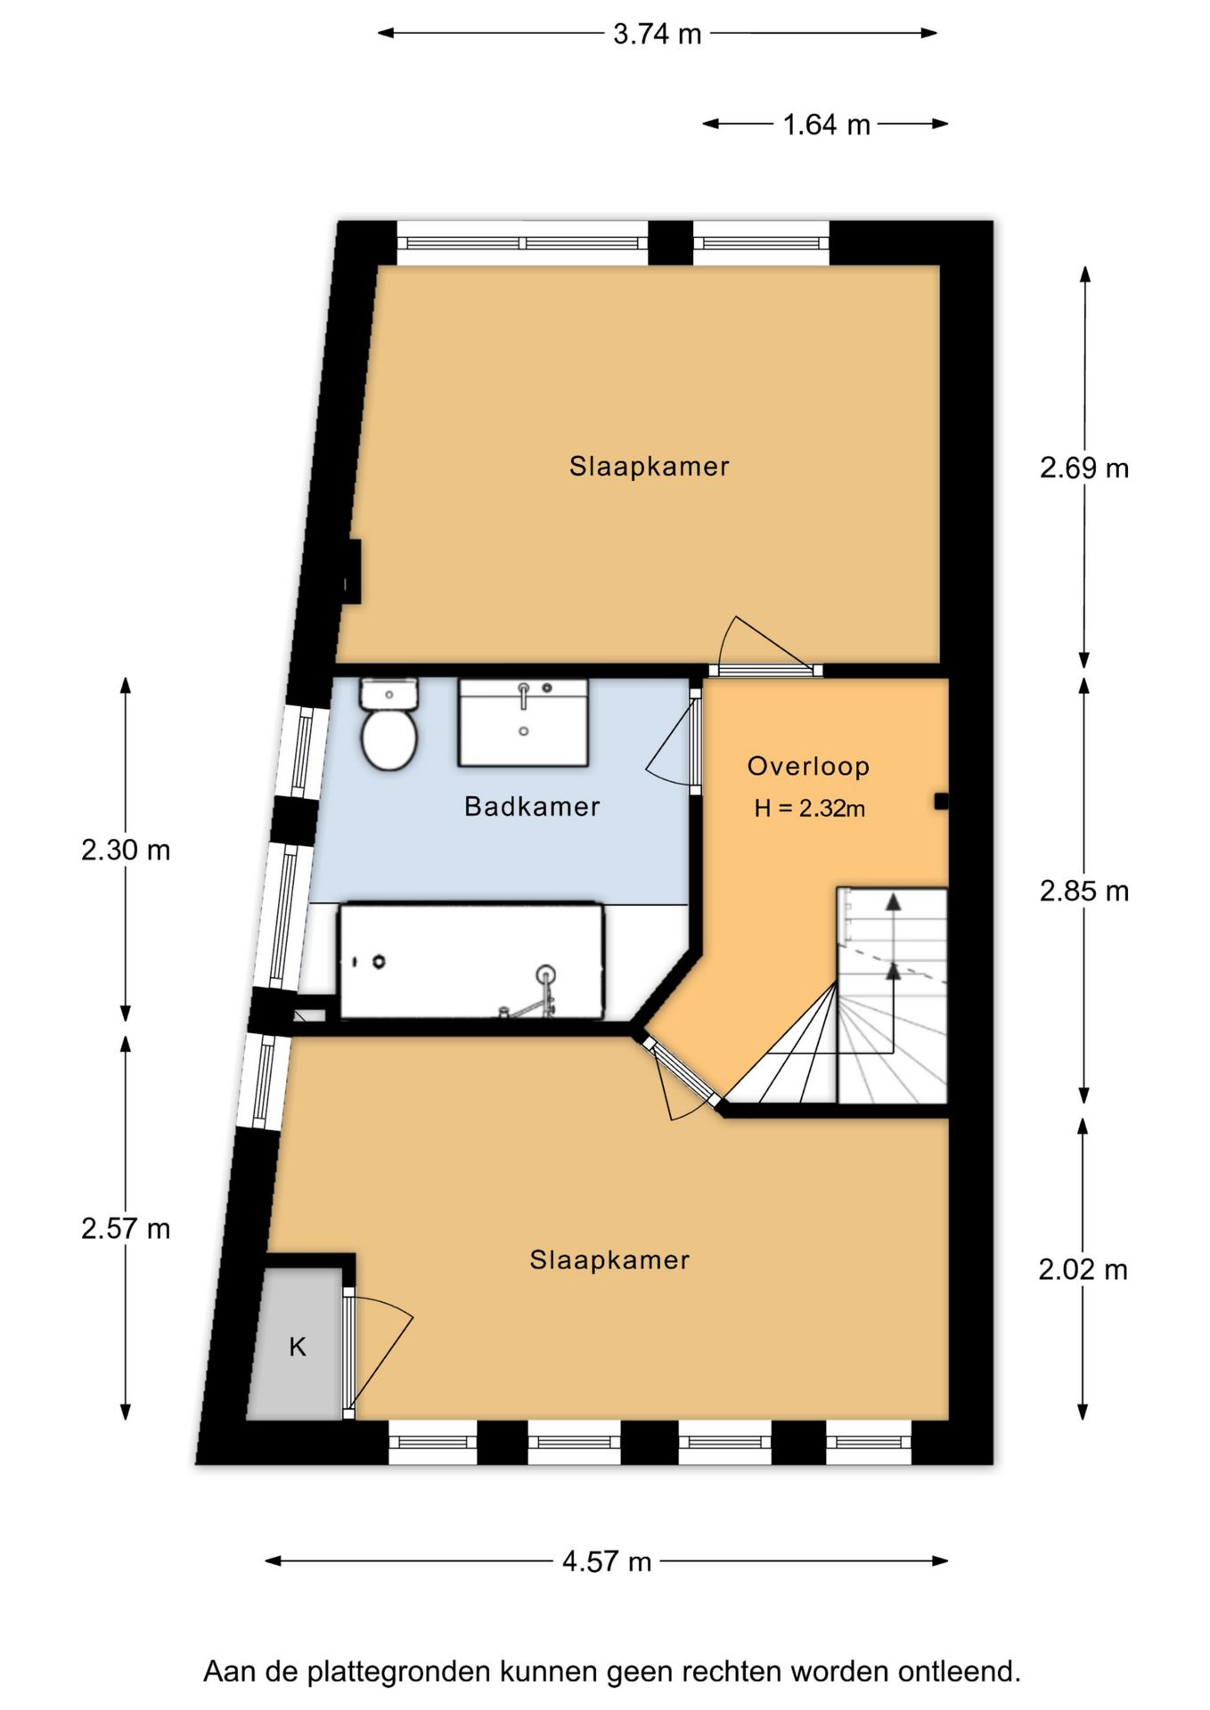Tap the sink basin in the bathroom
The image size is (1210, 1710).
[523, 722]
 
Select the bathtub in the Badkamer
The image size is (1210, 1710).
[471, 962]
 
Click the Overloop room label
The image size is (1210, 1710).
[808, 766]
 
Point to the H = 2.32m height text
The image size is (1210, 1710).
[809, 809]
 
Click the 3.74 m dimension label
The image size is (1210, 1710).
[658, 35]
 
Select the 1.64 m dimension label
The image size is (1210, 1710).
[826, 125]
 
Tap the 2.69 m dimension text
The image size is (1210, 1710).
[1083, 468]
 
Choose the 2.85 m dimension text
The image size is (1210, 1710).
[1083, 891]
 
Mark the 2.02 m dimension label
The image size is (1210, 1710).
[1083, 1269]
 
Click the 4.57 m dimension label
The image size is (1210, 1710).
[607, 1561]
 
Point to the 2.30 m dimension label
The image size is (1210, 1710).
[126, 851]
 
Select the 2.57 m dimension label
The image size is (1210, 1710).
[126, 1229]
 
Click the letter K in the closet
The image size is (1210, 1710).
[298, 1347]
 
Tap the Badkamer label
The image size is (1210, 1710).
[532, 807]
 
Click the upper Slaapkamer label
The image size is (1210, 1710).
[650, 467]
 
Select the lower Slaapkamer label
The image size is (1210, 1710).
[609, 1260]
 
